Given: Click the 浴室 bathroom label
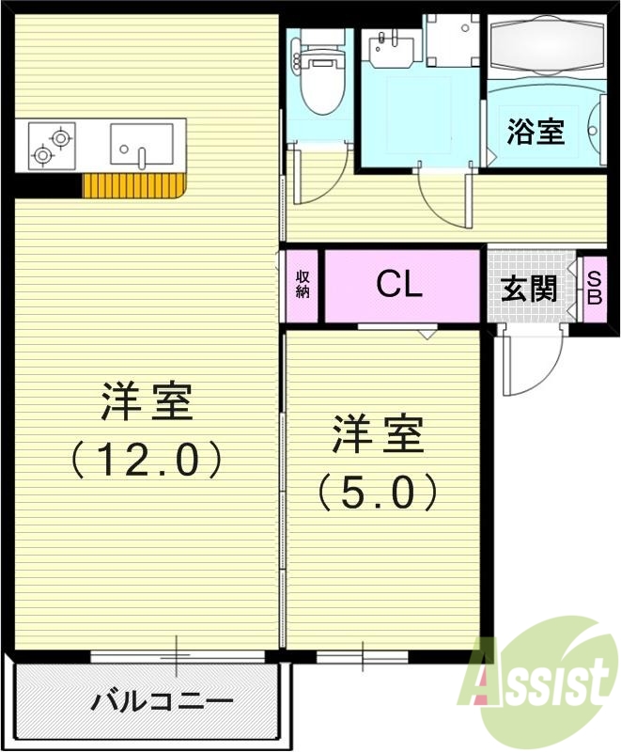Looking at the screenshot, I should (536, 132).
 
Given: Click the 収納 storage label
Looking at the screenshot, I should (303, 284).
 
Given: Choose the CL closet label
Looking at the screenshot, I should (399, 284).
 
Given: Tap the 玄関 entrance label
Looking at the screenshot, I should (529, 289).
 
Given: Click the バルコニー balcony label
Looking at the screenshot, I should (162, 701).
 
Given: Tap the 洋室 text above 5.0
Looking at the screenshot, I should (378, 435).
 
